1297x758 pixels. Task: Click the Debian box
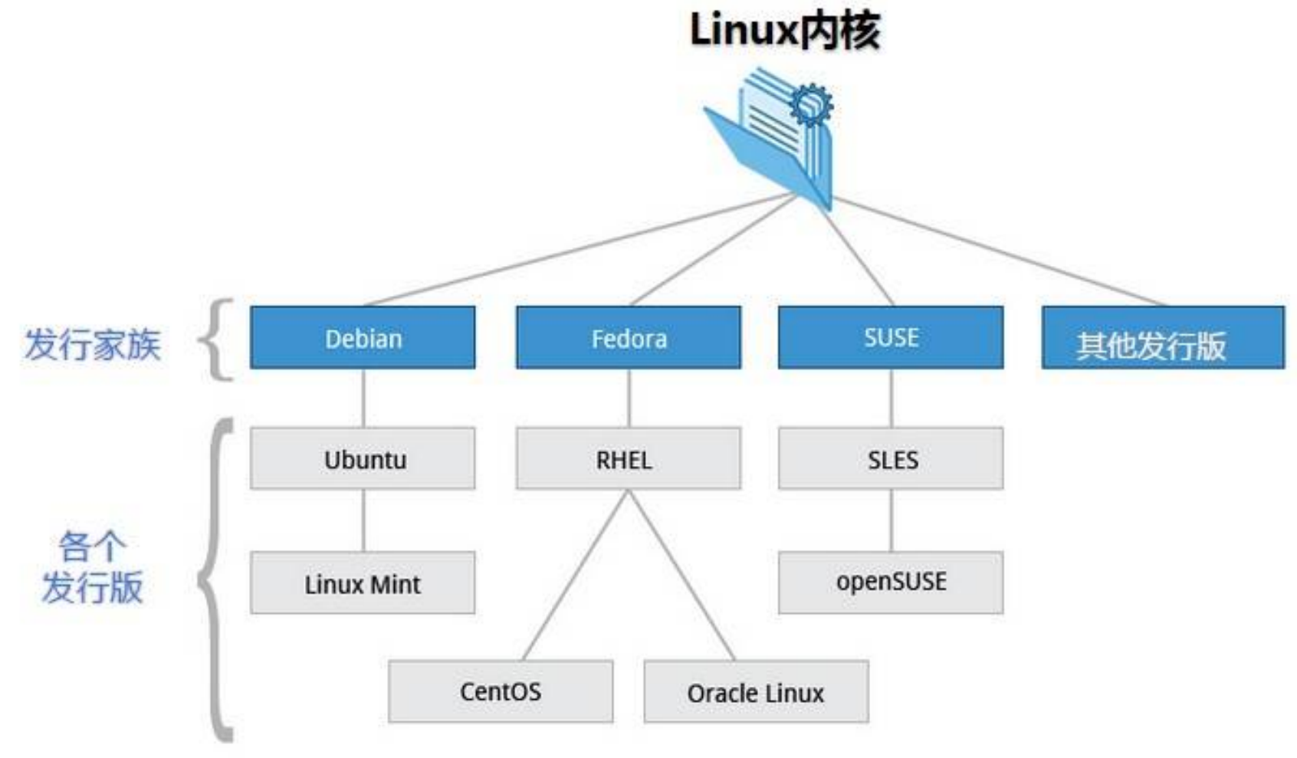[x=363, y=337]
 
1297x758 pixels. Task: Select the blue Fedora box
[x=629, y=337]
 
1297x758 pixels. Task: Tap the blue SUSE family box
[x=891, y=337]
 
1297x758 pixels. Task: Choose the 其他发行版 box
[x=1163, y=337]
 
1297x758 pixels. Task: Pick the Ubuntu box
[x=363, y=458]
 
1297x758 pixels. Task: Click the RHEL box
[x=629, y=458]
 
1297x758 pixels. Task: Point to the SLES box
[x=891, y=458]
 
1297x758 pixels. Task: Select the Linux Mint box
[x=363, y=582]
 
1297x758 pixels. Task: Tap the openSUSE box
[x=891, y=582]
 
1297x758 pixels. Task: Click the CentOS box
[x=501, y=691]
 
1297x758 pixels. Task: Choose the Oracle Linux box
[x=756, y=691]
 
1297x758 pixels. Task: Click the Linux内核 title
[x=785, y=30]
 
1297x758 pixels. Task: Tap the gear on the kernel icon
[x=811, y=105]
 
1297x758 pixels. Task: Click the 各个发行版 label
[x=92, y=567]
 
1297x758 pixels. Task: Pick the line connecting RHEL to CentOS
[x=575, y=575]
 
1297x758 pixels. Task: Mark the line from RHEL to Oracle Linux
[x=681, y=575]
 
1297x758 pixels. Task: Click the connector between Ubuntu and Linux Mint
[x=363, y=520]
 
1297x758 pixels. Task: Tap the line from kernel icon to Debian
[x=579, y=250]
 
